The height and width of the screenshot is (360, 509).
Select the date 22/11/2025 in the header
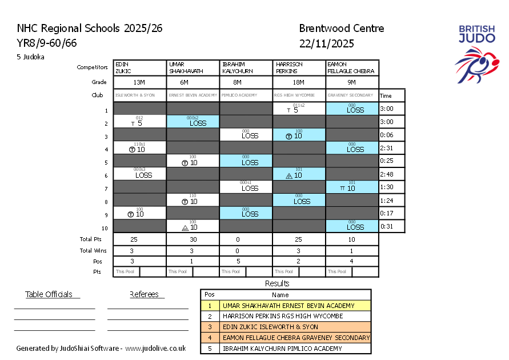pos(326,43)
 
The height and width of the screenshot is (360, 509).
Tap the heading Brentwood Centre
pos(341,29)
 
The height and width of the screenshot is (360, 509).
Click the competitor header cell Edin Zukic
pos(140,67)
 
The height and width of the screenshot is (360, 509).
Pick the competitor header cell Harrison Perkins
pos(299,67)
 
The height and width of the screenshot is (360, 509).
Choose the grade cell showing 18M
pos(299,82)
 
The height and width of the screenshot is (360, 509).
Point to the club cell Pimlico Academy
pos(246,95)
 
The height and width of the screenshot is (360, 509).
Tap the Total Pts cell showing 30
pos(193,239)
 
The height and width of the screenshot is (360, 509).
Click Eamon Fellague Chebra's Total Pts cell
pos(352,239)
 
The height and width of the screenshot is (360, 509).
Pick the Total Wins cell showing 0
pos(246,250)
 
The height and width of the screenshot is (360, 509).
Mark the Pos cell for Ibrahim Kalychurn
pos(246,261)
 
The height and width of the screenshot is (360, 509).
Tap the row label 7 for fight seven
pos(106,188)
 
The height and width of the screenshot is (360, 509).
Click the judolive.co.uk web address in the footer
pos(155,348)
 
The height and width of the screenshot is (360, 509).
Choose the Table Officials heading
pos(49,294)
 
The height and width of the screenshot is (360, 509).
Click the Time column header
pos(386,96)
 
